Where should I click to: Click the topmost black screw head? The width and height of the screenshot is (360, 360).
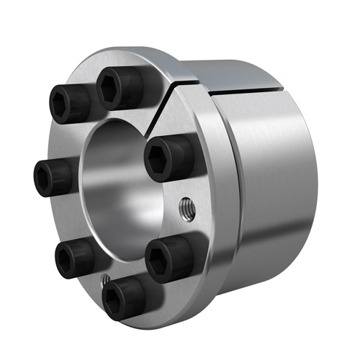117,88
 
